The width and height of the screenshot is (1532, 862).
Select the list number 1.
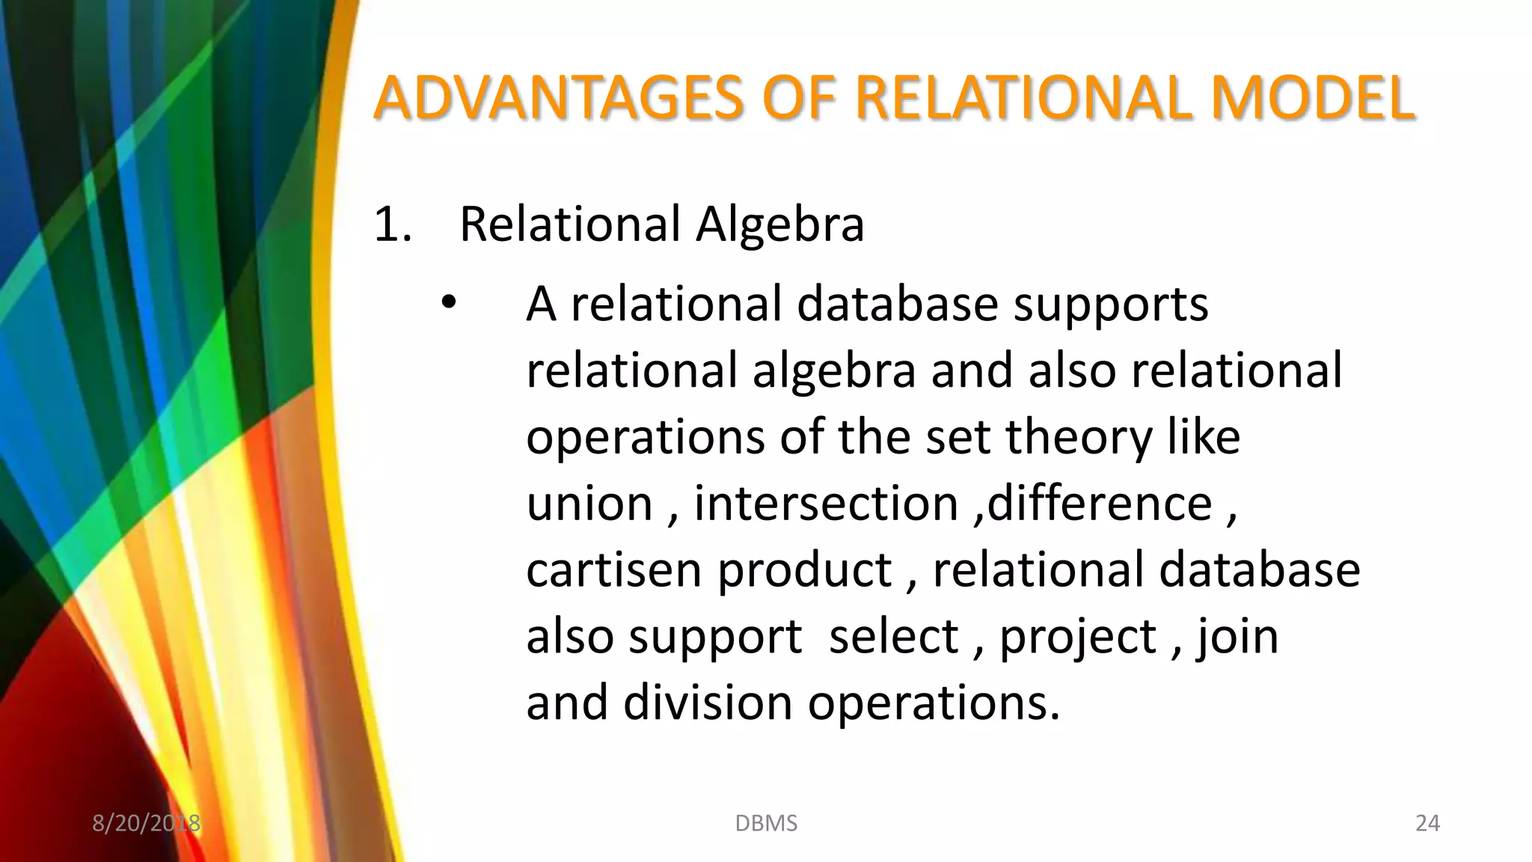391,224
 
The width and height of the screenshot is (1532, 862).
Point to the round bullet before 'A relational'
448,303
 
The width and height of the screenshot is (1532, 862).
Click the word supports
1110,305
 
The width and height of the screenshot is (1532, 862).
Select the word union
589,503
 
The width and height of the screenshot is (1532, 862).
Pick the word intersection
826,503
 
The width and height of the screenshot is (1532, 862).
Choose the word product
804,569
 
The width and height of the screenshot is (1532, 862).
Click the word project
1078,638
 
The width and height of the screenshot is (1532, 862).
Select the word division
708,703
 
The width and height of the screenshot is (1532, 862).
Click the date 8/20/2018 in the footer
146,823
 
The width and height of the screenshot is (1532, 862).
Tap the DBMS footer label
766,823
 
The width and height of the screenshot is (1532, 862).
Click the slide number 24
1427,823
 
